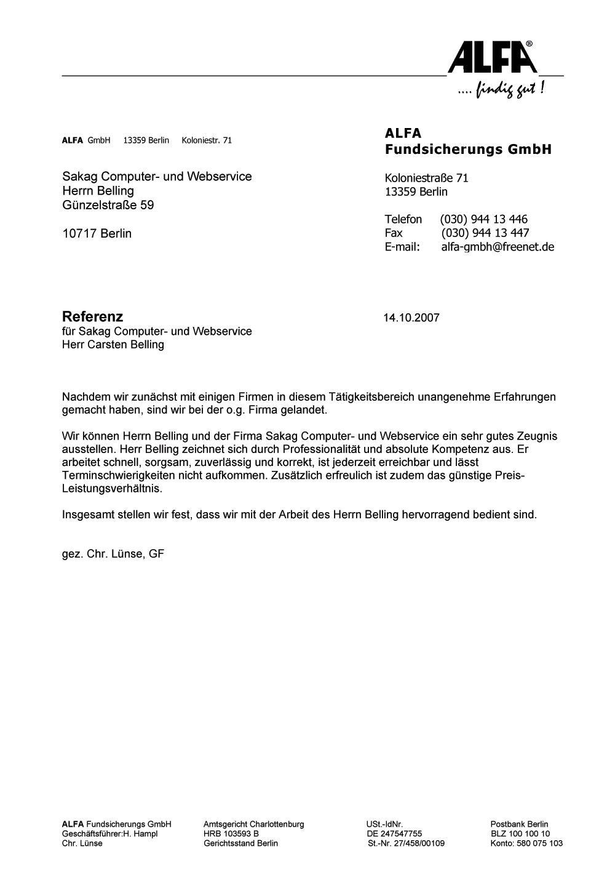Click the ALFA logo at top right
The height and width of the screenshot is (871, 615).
(x=493, y=57)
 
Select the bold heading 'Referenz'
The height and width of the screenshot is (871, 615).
(x=92, y=316)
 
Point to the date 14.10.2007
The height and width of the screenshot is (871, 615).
(x=411, y=318)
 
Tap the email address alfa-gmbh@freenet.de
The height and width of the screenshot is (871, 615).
(x=498, y=247)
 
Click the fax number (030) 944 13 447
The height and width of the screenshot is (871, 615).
(x=485, y=233)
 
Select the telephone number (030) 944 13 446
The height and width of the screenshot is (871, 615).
(x=483, y=219)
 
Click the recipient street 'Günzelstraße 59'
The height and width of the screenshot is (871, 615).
(x=108, y=205)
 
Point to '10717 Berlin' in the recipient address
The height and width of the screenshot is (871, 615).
(x=97, y=233)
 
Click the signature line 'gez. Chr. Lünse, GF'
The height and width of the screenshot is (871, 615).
(x=113, y=553)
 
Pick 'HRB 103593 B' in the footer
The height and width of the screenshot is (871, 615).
(x=231, y=833)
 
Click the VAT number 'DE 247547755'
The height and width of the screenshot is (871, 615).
(x=394, y=833)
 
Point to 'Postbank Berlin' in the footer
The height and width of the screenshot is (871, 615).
(x=519, y=824)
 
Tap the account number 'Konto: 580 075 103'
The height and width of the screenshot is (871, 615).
(x=526, y=843)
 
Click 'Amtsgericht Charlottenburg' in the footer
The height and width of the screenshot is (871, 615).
(x=253, y=824)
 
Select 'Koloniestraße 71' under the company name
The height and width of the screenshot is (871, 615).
(x=426, y=178)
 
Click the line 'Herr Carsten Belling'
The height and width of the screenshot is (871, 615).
(x=113, y=345)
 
